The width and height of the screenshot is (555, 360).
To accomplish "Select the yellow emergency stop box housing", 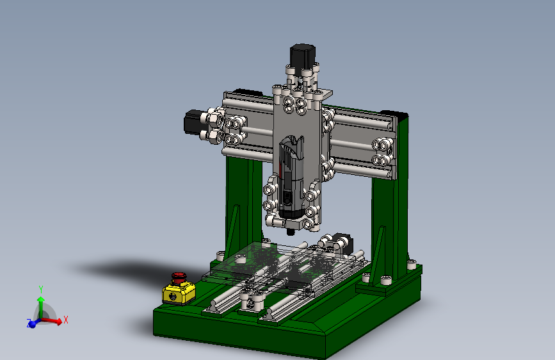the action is pyautogui.click(x=179, y=293).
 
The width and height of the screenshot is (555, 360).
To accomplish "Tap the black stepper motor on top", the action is pyautogui.click(x=302, y=55).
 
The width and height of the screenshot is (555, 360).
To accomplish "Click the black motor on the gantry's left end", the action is pyautogui.click(x=193, y=122).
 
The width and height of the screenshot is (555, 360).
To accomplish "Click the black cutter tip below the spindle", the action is pyautogui.click(x=291, y=232).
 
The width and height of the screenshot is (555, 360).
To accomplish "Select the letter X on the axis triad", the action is pyautogui.click(x=65, y=320).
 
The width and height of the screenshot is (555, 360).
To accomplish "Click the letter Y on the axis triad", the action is pyautogui.click(x=41, y=290).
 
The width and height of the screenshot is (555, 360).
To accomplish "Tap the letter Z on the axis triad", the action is pyautogui.click(x=29, y=322).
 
